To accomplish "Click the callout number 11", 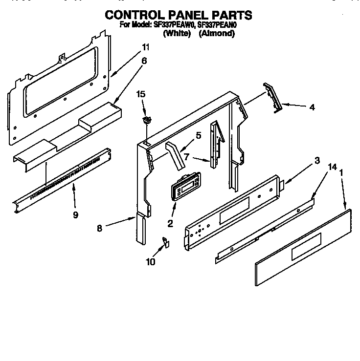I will point(145,47).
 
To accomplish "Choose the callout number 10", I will point(150,262).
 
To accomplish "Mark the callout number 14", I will point(332,167).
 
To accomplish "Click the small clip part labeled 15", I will point(146,120).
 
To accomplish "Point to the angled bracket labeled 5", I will point(172,151).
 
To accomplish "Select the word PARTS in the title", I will point(231,15).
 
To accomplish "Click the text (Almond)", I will point(217,34).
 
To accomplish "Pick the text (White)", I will point(177,34).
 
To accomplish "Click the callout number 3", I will point(317,160).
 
